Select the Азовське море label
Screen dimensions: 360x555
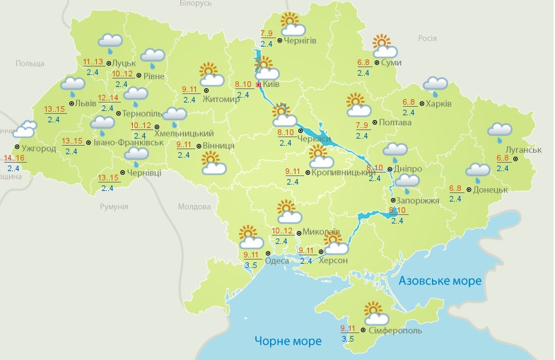[x=440, y=281]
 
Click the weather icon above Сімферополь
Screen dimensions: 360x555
[x=374, y=313]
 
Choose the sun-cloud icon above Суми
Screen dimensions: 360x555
[x=384, y=47]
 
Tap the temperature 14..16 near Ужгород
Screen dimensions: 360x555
[x=15, y=158]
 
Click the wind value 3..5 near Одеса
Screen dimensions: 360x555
[x=250, y=265]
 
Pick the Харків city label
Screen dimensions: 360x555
[x=438, y=104]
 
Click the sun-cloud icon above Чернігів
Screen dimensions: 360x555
[x=291, y=25]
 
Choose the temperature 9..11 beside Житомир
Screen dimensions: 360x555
[x=190, y=89]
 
